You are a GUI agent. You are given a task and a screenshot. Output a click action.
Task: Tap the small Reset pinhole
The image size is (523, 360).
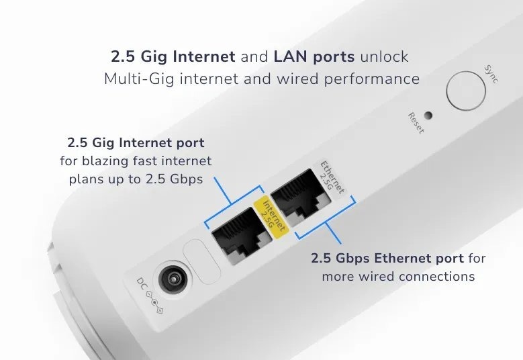tap(428, 115)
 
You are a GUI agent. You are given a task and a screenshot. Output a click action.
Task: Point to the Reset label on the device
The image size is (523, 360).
tap(416, 123)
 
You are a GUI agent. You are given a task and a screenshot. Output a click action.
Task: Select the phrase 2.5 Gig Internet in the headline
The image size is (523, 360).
tap(173, 56)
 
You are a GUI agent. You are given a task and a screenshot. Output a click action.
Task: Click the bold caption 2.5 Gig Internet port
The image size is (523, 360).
tap(136, 143)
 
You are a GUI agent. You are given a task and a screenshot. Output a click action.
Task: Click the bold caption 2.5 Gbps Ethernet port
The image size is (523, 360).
tap(387, 259)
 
